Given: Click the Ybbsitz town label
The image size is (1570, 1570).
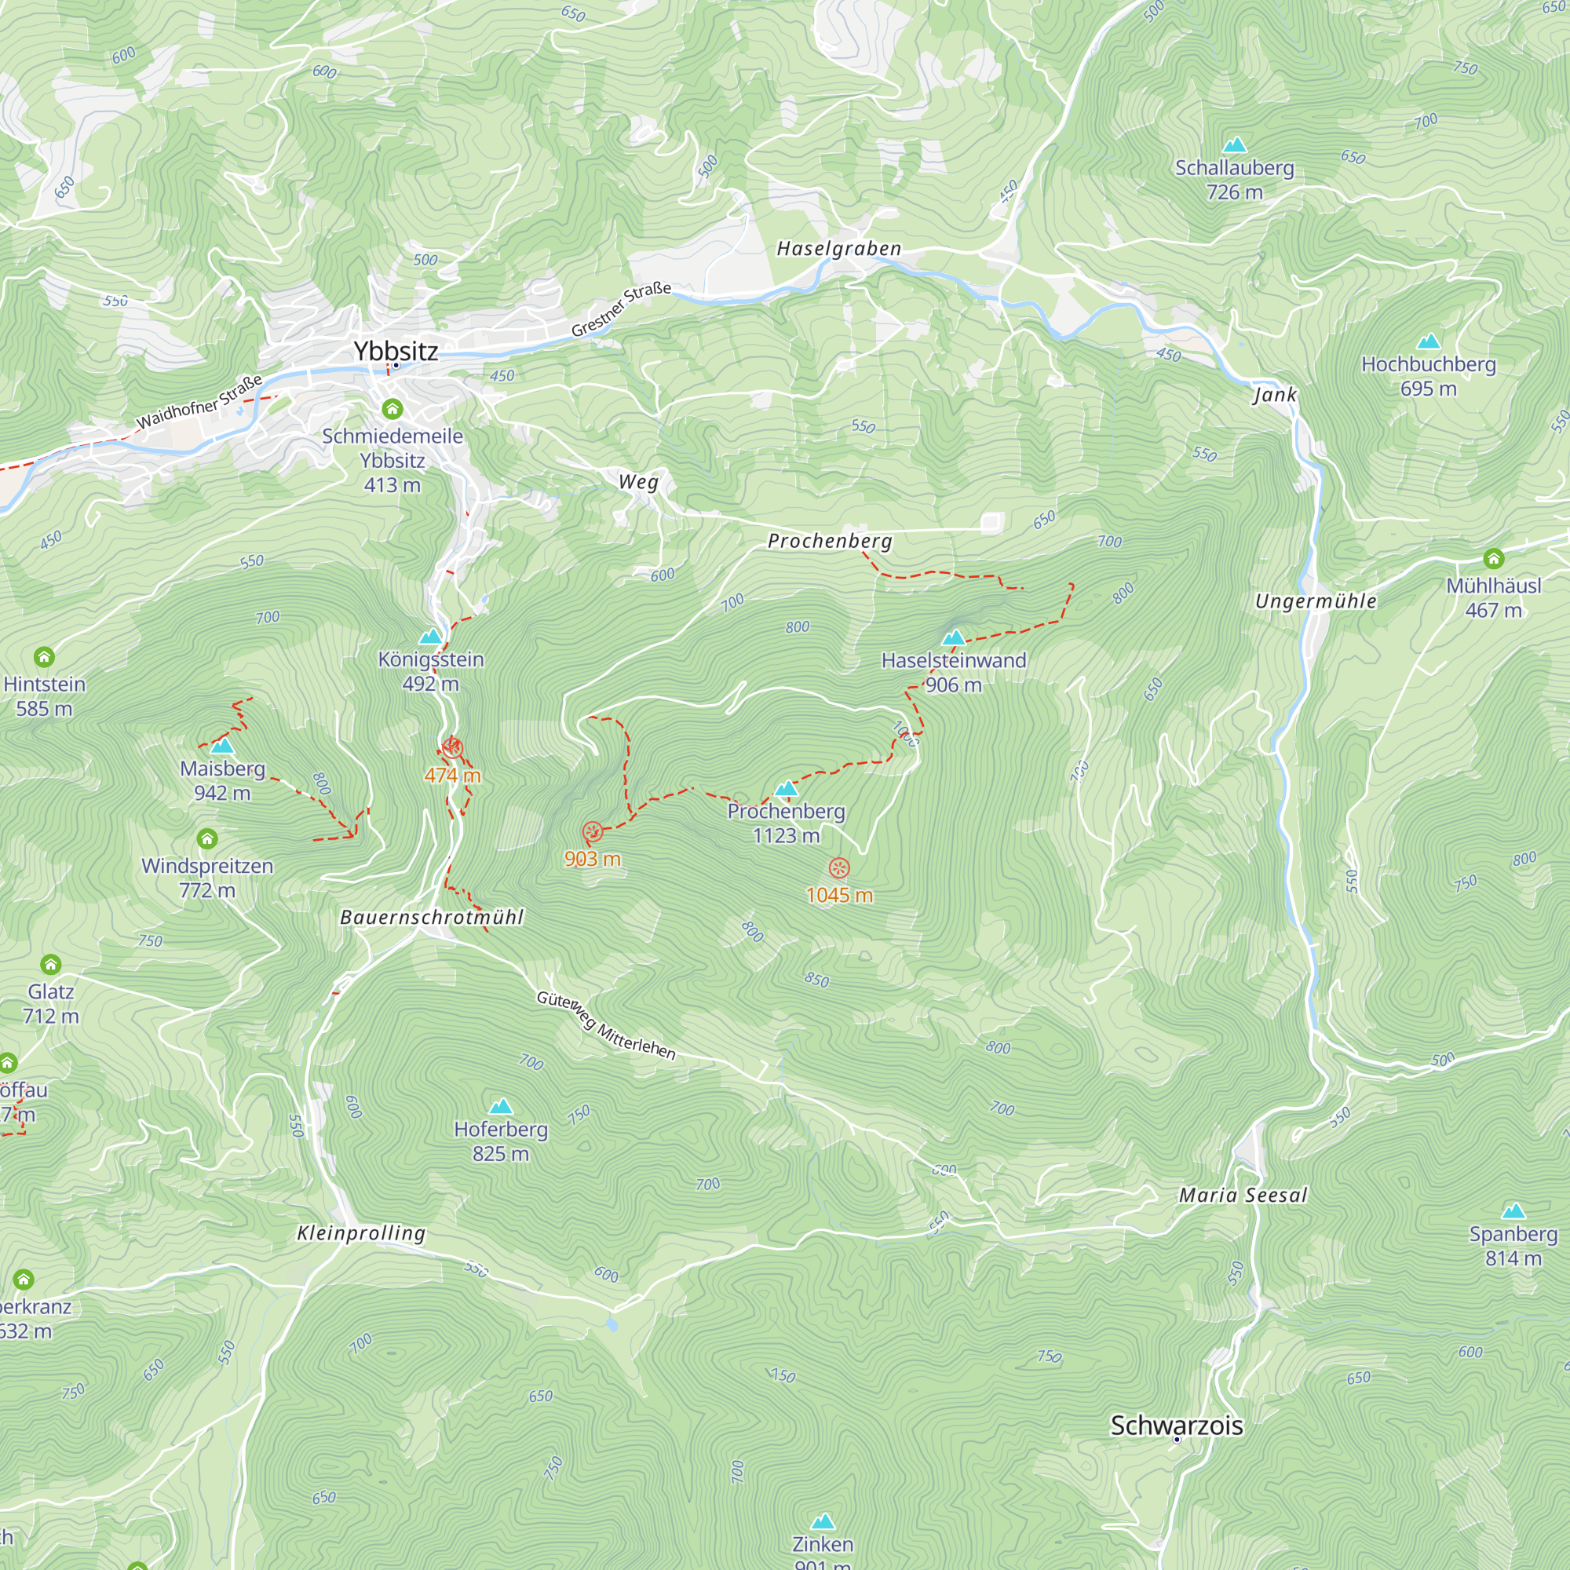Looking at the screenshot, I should pyautogui.click(x=396, y=351).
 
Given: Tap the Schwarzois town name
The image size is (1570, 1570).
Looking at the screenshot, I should pyautogui.click(x=1176, y=1426).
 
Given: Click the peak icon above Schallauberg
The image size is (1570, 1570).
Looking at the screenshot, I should pyautogui.click(x=1234, y=145).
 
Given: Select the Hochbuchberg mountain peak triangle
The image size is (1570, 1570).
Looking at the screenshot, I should pyautogui.click(x=1428, y=341).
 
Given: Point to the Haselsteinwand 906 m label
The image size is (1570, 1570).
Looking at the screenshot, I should pyautogui.click(x=953, y=672).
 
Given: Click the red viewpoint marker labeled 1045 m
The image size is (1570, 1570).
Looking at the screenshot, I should pyautogui.click(x=838, y=868).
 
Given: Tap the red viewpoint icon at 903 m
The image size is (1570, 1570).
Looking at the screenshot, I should pyautogui.click(x=593, y=831).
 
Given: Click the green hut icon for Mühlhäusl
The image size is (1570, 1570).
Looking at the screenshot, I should pyautogui.click(x=1494, y=558).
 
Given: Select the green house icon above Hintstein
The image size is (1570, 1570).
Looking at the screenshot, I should pyautogui.click(x=44, y=656).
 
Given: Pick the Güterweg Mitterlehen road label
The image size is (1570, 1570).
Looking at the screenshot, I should pyautogui.click(x=606, y=1025).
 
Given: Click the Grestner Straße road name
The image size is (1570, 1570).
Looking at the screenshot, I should pyautogui.click(x=621, y=309).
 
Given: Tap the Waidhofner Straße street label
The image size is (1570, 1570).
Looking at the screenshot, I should pyautogui.click(x=199, y=402).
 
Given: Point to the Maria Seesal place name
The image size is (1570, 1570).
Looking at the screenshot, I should pyautogui.click(x=1243, y=1196).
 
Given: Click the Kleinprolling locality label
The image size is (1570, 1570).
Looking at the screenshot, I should pyautogui.click(x=361, y=1233).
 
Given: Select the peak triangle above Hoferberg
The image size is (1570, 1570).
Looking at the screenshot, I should pyautogui.click(x=501, y=1107).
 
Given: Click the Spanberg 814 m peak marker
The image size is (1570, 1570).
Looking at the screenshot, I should pyautogui.click(x=1513, y=1211).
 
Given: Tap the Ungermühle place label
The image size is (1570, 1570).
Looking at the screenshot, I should pyautogui.click(x=1316, y=601).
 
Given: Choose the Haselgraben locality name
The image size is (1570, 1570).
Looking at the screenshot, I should pyautogui.click(x=838, y=249).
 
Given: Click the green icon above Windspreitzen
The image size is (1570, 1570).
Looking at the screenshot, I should pyautogui.click(x=207, y=838).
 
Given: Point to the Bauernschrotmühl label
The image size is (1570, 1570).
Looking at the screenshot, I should pyautogui.click(x=432, y=918).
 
